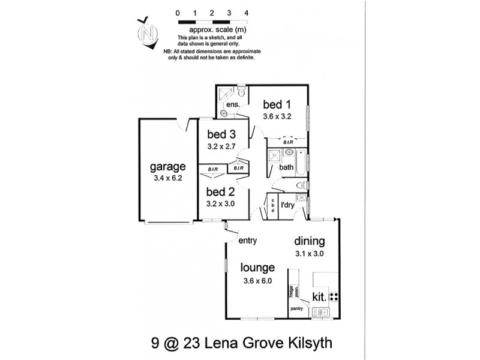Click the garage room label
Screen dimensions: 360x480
[167, 167]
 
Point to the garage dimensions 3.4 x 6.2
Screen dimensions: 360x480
[168, 178]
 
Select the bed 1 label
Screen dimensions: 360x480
[277, 106]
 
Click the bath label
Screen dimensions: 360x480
[286, 167]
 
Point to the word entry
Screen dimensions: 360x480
[248, 241]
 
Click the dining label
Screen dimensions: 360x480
[309, 242]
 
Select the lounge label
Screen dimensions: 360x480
[258, 268]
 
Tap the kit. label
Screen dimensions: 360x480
[319, 296]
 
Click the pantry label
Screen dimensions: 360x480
[296, 309]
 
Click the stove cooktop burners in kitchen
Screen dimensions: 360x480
[334, 296]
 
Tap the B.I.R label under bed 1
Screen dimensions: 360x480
[288, 142]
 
